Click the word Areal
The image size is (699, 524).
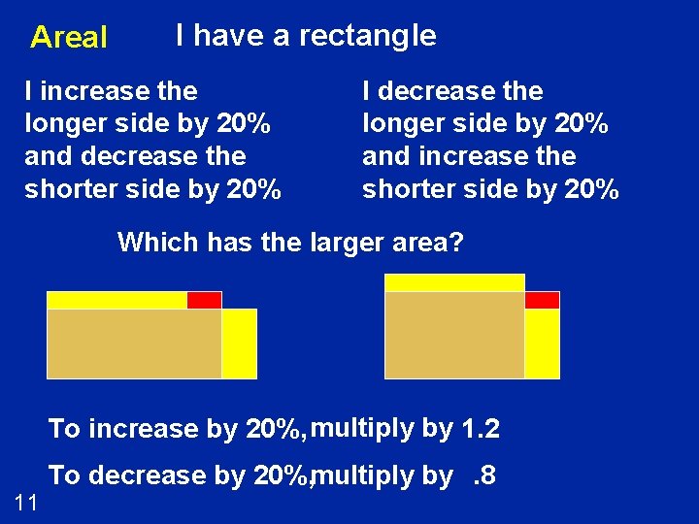tap(68, 38)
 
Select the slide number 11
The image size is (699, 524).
tap(26, 502)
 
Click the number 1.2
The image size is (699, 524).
tap(481, 428)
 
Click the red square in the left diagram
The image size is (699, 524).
tap(204, 300)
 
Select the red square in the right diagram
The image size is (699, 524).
tap(542, 300)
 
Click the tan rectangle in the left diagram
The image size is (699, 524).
tap(134, 344)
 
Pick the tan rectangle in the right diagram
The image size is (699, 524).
tap(454, 335)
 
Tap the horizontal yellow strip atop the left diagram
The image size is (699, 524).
tap(116, 300)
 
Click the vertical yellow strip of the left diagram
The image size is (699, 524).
tap(239, 344)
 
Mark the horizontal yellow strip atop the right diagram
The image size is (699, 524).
tap(454, 282)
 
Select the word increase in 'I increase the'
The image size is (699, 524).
tap(88, 91)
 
